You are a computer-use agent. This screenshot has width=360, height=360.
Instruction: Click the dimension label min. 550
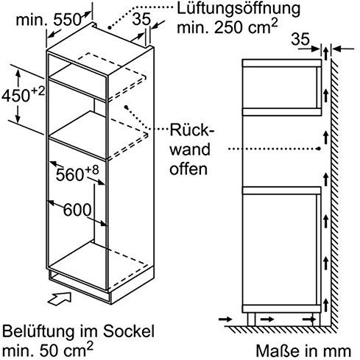(x=49, y=20)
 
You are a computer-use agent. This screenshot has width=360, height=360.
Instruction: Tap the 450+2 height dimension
(x=24, y=95)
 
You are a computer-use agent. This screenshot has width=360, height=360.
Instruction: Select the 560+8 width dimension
(x=77, y=174)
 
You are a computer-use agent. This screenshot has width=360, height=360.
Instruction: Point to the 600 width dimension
(x=77, y=210)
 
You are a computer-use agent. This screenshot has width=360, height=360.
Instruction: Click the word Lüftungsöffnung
(x=239, y=9)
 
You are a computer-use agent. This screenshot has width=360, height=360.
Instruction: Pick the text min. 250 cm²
(x=227, y=27)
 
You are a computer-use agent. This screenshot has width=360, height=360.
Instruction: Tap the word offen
(x=188, y=169)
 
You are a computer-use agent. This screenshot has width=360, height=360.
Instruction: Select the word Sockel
(x=129, y=331)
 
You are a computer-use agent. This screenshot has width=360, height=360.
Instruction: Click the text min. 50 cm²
(x=48, y=350)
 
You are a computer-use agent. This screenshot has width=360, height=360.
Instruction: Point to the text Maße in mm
(x=303, y=350)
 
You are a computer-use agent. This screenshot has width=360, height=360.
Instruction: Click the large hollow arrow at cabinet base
(x=60, y=299)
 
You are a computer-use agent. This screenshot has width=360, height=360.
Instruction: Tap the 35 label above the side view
(x=300, y=39)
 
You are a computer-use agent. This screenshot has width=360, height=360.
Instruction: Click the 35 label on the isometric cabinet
(x=141, y=18)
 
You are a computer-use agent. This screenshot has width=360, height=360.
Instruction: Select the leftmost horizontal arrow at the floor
(x=225, y=319)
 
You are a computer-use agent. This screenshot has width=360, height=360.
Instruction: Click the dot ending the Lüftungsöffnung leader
(x=109, y=28)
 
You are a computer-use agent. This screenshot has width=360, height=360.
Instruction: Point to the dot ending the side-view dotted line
(x=319, y=149)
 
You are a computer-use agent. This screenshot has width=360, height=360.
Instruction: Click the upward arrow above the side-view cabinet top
(x=325, y=54)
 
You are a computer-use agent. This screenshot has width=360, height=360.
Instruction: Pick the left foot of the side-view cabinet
(x=251, y=320)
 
